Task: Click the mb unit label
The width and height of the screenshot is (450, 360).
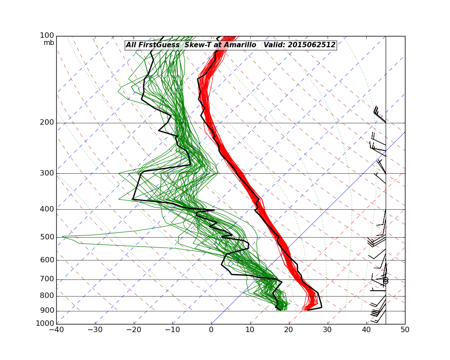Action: (x=49, y=43)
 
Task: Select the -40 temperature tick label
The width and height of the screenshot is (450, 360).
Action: (x=56, y=330)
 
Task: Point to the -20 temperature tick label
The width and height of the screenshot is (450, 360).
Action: (x=134, y=330)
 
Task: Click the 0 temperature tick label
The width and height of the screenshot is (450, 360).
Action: (x=211, y=330)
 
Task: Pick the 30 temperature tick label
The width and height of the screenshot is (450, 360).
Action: (x=328, y=330)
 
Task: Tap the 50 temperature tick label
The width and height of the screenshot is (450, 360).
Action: (x=405, y=330)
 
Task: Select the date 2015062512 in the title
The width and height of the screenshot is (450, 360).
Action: (x=310, y=45)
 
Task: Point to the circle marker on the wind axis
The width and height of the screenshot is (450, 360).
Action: (x=386, y=280)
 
